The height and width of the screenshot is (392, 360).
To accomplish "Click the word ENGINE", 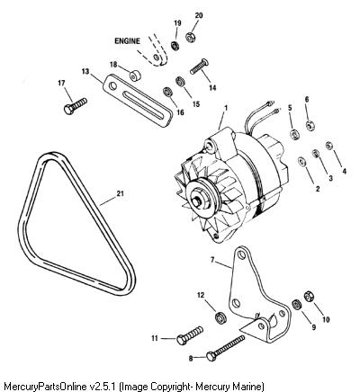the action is tap(127, 41).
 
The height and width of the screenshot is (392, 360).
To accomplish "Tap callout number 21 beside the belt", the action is tap(120, 193).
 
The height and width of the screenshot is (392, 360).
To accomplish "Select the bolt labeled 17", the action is tap(76, 106).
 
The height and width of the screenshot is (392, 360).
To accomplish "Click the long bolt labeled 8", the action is tap(225, 347).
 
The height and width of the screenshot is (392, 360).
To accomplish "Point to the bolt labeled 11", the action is tap(190, 335).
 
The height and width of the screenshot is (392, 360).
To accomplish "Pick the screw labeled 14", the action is tap(199, 67).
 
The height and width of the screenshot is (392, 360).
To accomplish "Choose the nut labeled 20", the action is tap(190, 37).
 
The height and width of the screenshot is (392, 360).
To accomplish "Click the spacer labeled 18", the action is tap(135, 76).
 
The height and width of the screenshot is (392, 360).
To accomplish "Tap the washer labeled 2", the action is tap(301, 162).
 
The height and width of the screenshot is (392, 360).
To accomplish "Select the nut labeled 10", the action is tap(308, 296).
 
